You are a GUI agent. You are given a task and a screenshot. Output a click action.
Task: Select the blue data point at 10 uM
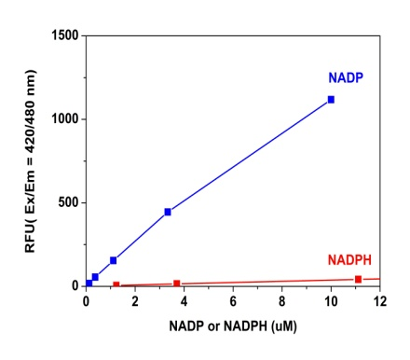pos(331,100)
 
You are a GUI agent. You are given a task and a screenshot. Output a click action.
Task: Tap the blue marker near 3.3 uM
pos(168,212)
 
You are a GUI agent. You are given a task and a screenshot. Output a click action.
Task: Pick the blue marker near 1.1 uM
pos(114,260)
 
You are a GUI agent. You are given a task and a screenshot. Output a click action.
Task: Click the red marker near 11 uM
pos(358,279)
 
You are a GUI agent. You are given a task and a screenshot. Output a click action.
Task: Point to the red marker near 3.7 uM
pos(177,284)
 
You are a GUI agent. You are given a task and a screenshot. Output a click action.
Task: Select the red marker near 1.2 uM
pos(116,285)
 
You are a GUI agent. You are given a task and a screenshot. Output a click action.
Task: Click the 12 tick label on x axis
pos(379,303)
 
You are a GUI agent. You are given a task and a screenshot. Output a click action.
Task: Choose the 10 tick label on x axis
pos(331,303)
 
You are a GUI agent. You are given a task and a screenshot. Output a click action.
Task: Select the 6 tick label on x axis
pos(233,303)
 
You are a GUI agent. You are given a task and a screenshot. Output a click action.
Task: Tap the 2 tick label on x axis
pos(135,303)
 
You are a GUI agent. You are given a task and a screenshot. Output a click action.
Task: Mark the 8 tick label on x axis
pos(281,303)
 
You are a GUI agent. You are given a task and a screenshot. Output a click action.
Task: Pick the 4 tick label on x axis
pos(184,303)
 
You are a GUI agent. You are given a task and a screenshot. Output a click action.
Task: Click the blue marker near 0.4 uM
pos(95,277)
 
